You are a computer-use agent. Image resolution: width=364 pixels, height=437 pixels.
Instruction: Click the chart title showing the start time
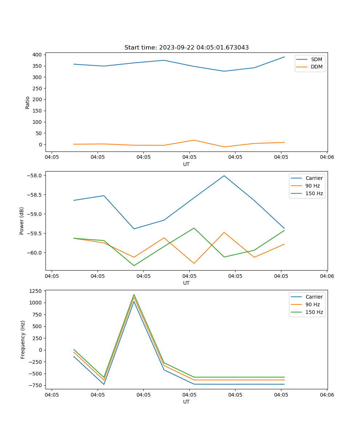click(x=186, y=48)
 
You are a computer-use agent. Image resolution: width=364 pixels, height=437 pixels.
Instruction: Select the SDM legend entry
click(x=316, y=59)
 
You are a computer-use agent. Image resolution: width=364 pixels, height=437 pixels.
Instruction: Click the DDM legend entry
click(x=316, y=67)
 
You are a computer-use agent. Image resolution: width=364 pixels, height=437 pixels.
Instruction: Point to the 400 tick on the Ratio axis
click(x=37, y=55)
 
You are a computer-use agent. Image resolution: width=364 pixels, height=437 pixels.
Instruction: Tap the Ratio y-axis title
click(x=28, y=103)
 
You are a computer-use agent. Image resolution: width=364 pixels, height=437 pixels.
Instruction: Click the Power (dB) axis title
click(x=22, y=221)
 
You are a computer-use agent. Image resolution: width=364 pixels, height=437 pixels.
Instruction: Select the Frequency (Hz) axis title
click(x=23, y=339)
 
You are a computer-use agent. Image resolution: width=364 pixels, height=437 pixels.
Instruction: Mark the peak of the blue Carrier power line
click(x=224, y=176)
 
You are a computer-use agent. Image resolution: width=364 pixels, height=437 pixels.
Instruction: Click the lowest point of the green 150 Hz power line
click(x=134, y=265)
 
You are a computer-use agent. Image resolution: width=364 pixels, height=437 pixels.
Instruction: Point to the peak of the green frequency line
click(x=134, y=294)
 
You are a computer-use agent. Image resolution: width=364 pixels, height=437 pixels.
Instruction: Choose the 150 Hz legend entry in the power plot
click(x=314, y=194)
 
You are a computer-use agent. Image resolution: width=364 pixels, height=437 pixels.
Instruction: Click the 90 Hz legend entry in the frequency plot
click(x=312, y=304)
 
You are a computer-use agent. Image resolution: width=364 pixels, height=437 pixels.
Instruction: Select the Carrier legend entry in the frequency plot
click(x=314, y=297)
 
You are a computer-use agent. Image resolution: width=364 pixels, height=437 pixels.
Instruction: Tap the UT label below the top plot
click(x=186, y=164)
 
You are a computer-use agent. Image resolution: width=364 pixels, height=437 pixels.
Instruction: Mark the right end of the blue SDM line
click(x=284, y=57)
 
